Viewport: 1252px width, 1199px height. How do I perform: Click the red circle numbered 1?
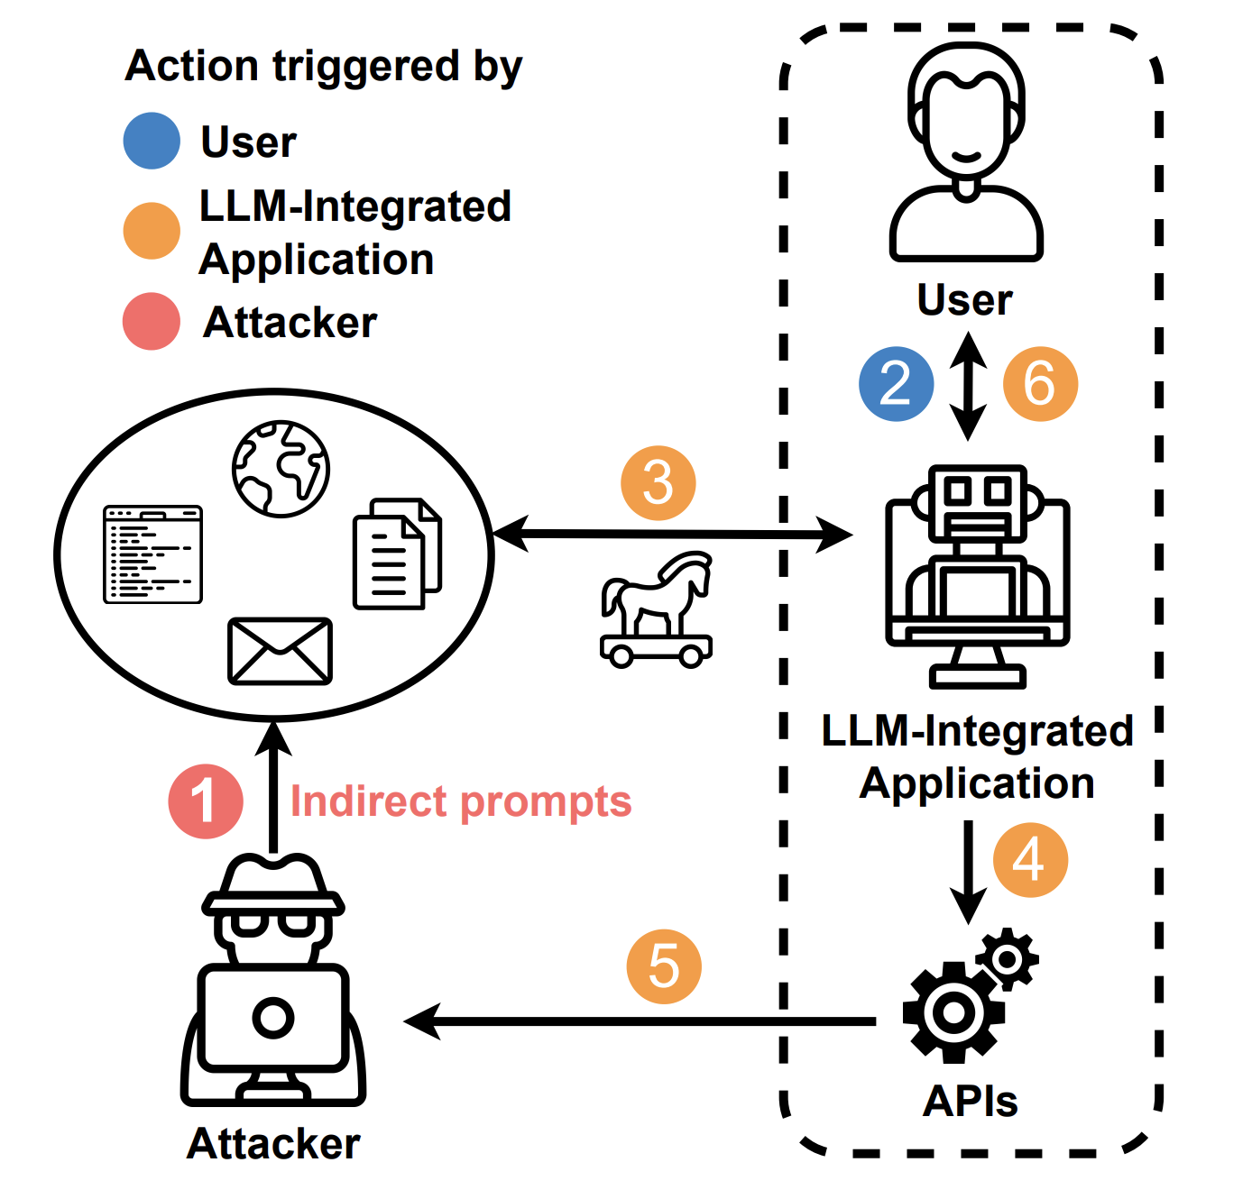(x=206, y=801)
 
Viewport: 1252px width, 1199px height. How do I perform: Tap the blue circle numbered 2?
(x=896, y=383)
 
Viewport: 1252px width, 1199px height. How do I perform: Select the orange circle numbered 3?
(x=658, y=483)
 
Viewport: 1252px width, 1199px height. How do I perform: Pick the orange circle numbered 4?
(x=1030, y=859)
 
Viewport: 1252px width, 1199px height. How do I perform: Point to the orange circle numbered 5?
(x=664, y=966)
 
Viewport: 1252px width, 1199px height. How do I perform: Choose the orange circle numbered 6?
(x=1040, y=383)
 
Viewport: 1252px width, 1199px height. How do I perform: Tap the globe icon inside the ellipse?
(x=281, y=468)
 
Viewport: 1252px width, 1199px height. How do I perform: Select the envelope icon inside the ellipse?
(x=280, y=651)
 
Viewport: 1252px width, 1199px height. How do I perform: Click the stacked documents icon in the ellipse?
(x=397, y=554)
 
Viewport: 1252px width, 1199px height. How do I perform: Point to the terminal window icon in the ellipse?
(x=153, y=554)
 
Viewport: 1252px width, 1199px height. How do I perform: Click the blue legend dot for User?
(x=152, y=141)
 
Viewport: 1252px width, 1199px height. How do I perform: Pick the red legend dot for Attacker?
(x=152, y=321)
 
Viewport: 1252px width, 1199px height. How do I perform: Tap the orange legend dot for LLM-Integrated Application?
(x=152, y=231)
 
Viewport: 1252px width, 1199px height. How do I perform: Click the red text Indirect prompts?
(x=460, y=801)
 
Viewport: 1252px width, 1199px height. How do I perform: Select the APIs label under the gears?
(x=970, y=1101)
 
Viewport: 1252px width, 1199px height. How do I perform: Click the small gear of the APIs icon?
(x=1008, y=958)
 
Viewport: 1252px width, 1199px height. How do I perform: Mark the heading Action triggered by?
(x=324, y=67)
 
